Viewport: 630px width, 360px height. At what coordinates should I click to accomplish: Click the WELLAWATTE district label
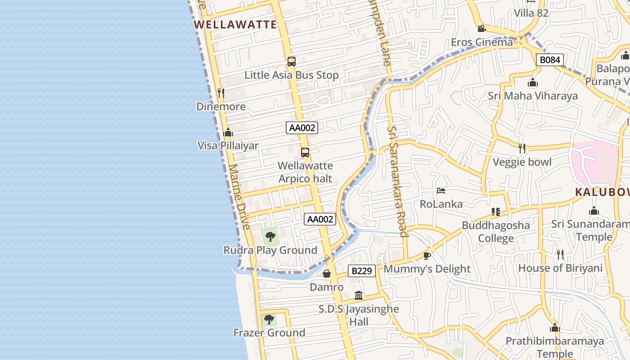point(235,25)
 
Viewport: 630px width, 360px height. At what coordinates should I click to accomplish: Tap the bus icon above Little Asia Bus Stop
point(292,62)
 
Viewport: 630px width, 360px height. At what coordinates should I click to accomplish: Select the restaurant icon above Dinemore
point(220,93)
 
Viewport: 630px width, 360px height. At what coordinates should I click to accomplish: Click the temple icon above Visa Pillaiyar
point(228,133)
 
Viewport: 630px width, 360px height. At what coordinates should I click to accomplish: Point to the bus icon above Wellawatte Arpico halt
point(305,153)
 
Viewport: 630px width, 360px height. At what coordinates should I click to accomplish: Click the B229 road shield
point(362,271)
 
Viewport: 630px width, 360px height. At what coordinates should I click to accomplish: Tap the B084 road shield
point(549,60)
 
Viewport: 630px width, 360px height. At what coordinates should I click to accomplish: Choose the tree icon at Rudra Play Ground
point(270,236)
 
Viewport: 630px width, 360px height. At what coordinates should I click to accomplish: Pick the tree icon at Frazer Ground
point(269,319)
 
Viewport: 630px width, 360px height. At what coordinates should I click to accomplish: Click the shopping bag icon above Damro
point(327,274)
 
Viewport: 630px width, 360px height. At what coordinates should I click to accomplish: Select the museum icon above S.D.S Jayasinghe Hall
point(359,296)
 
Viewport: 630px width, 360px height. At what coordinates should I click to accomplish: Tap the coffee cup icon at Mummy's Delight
point(427,256)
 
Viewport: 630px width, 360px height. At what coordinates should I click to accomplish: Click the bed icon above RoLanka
point(441,191)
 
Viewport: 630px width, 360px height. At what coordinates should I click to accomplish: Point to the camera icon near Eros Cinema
point(481,29)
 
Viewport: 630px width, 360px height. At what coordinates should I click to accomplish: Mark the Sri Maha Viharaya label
point(533,96)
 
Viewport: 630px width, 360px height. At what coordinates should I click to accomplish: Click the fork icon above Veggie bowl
point(522,148)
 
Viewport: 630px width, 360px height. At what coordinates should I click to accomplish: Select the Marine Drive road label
point(239,197)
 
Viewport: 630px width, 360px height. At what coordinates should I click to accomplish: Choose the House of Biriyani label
point(560,268)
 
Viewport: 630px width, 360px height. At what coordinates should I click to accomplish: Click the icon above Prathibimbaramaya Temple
point(555,328)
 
